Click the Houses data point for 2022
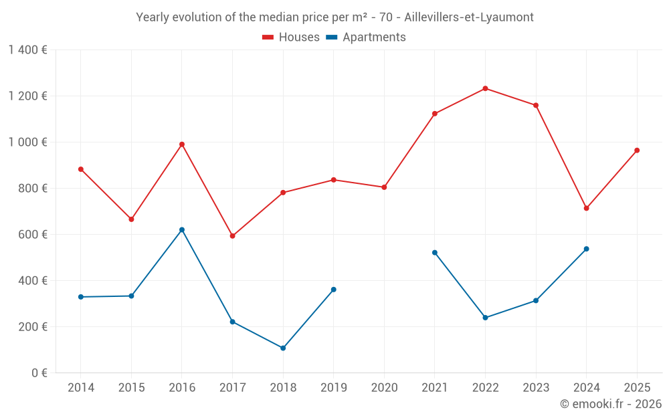coord(485,88)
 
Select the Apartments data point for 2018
coord(283,348)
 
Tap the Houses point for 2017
coord(232,235)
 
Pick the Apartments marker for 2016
coord(182,229)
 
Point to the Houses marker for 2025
coord(637,150)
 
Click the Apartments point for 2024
coord(586,249)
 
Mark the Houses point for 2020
coord(384,187)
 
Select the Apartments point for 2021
coord(435,252)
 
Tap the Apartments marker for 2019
coord(333,290)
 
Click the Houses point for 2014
coord(81,169)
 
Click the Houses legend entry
coord(291,37)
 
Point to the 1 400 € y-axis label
coord(27,50)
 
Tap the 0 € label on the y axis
coord(39,373)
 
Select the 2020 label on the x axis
coord(384,387)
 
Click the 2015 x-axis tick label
coord(131,387)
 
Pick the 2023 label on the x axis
coord(536,387)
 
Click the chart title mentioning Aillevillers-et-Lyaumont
coord(334,17)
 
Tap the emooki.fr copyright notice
coord(610,404)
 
